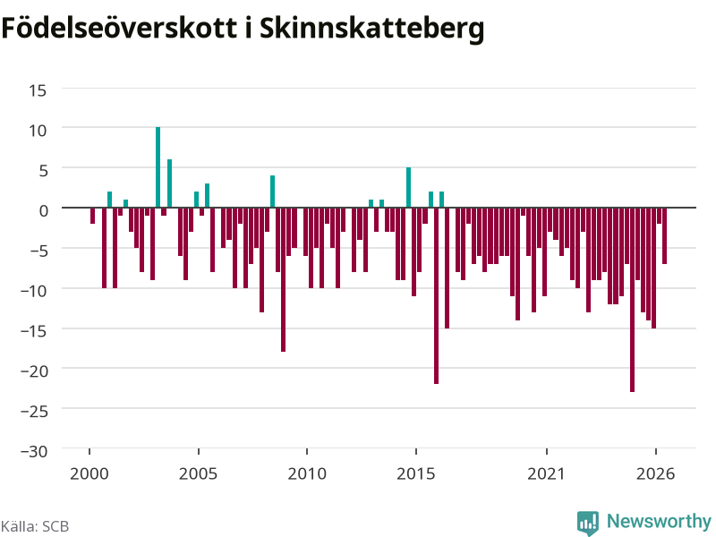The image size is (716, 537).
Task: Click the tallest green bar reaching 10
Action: pyautogui.click(x=158, y=167)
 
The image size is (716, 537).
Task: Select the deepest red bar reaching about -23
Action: pyautogui.click(x=632, y=300)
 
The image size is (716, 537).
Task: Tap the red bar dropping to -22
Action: pyautogui.click(x=436, y=296)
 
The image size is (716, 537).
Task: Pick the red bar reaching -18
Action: pyautogui.click(x=283, y=279)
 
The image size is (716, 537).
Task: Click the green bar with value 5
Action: pyautogui.click(x=409, y=187)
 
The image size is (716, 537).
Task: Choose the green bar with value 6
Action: pyautogui.click(x=169, y=183)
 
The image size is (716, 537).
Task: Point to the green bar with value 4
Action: pyautogui.click(x=273, y=192)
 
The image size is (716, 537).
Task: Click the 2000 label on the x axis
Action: pyautogui.click(x=89, y=473)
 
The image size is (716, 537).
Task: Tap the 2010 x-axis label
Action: pyautogui.click(x=307, y=473)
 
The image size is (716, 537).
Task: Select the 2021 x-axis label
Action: pyautogui.click(x=547, y=473)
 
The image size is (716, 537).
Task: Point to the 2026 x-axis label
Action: pyautogui.click(x=656, y=473)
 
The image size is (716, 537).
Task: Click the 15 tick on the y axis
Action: pyautogui.click(x=38, y=90)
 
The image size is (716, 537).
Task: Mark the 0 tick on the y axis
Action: pyautogui.click(x=43, y=210)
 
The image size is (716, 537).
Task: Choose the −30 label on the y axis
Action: pyautogui.click(x=34, y=451)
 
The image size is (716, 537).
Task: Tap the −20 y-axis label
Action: pyautogui.click(x=34, y=371)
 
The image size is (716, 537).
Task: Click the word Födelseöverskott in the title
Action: pyautogui.click(x=120, y=28)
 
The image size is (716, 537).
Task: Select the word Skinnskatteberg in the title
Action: pyautogui.click(x=372, y=29)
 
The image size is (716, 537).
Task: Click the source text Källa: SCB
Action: pyautogui.click(x=35, y=526)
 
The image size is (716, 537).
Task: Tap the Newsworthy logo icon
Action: pyautogui.click(x=588, y=523)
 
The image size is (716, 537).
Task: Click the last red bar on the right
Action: pyautogui.click(x=664, y=235)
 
